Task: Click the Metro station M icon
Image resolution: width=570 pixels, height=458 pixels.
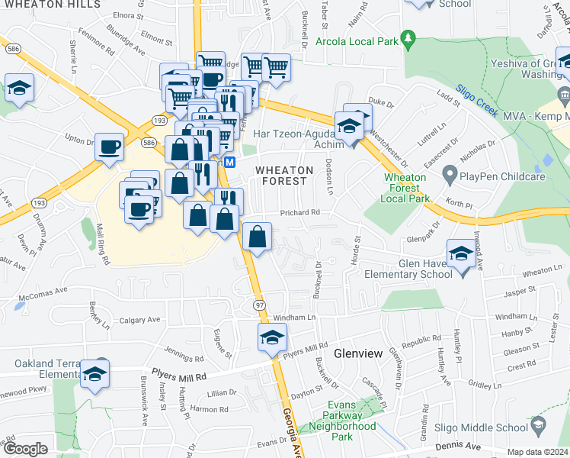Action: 229,163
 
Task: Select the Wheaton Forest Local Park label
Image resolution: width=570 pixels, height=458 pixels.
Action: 410,188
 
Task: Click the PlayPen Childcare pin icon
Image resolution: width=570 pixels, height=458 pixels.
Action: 449,177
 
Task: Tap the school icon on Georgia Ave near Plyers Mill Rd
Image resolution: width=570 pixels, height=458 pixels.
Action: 272,339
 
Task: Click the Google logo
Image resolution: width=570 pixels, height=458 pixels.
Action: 25,449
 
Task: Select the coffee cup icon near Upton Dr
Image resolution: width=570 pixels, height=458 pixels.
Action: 110,146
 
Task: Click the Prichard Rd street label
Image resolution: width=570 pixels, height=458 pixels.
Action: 299,213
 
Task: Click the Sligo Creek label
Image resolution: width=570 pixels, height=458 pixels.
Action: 476,100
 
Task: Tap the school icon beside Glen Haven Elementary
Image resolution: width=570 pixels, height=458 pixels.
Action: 461,255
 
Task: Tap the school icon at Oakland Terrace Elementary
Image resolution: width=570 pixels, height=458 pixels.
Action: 95,375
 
